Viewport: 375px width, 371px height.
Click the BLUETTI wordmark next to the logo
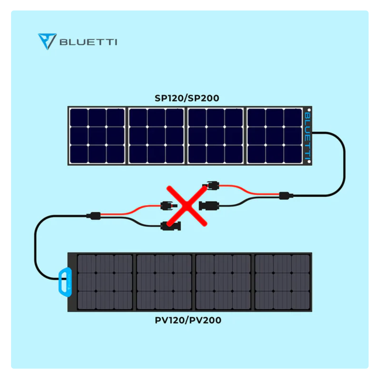point(88,42)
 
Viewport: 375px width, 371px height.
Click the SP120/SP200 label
point(187,98)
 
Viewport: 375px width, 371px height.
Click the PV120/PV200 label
point(188,320)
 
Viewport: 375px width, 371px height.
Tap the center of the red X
point(187,206)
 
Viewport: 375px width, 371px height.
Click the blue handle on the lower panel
point(65,282)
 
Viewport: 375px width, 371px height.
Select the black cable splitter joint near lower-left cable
point(94,216)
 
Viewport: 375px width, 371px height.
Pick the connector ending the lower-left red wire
point(168,206)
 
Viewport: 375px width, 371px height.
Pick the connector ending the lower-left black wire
point(171,226)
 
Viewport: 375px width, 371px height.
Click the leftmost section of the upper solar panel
point(97,136)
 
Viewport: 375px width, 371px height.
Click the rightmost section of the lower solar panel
point(282,282)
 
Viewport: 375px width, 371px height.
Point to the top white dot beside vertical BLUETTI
point(309,110)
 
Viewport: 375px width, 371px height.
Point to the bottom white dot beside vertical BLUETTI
point(309,161)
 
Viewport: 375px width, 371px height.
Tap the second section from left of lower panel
point(164,282)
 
